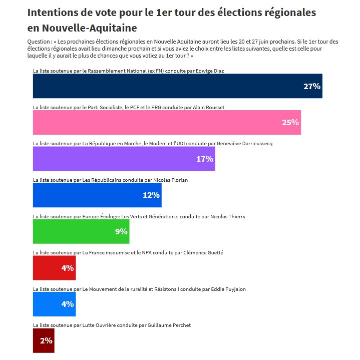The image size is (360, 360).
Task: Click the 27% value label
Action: tap(311, 86)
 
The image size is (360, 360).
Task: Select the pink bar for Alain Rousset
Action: tap(167, 122)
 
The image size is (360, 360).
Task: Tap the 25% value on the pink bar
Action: tap(290, 122)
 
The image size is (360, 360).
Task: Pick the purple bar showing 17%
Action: tap(124, 159)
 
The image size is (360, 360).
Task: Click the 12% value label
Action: tap(151, 195)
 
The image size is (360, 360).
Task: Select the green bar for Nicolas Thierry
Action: tap(81, 231)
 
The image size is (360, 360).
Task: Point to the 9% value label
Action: tap(121, 231)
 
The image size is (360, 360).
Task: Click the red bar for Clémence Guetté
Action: tap(54, 268)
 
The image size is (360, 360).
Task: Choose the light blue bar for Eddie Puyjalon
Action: tap(54, 304)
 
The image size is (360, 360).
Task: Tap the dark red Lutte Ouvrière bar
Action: tap(43, 340)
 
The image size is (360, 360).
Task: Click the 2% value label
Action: tap(46, 340)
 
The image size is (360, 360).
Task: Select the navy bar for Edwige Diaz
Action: tap(177, 86)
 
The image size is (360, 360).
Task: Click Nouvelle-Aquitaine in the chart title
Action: tap(89, 28)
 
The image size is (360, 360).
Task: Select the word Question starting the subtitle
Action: tap(40, 42)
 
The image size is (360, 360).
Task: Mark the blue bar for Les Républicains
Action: tap(97, 195)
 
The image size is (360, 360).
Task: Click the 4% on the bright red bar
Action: tap(67, 268)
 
